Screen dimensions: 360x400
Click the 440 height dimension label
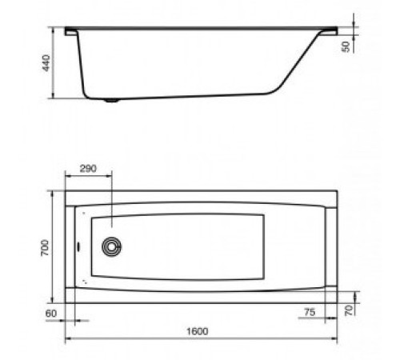(46, 64)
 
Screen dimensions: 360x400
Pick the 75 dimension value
(309, 310)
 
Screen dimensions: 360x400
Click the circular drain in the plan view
(113, 245)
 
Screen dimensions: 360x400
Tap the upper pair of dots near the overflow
(83, 213)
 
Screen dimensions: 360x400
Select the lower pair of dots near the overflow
(85, 282)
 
